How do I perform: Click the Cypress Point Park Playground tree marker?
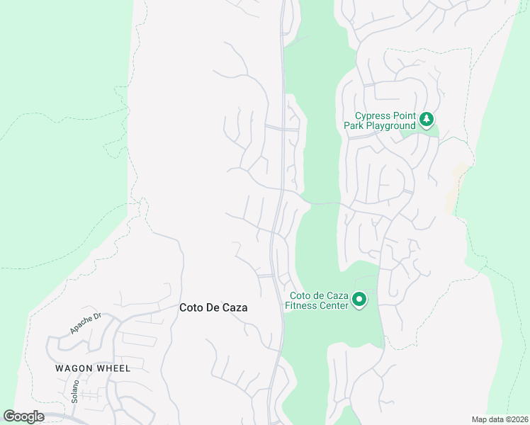[x=427, y=120]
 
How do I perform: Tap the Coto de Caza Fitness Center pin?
[x=359, y=300]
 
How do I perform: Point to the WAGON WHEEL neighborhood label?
[x=93, y=368]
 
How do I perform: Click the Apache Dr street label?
[x=86, y=324]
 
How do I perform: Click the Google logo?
[x=24, y=416]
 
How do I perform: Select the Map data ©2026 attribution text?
[x=500, y=419]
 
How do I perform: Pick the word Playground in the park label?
[x=390, y=125]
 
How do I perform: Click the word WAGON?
[x=73, y=368]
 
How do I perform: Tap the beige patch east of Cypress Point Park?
[x=456, y=188]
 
